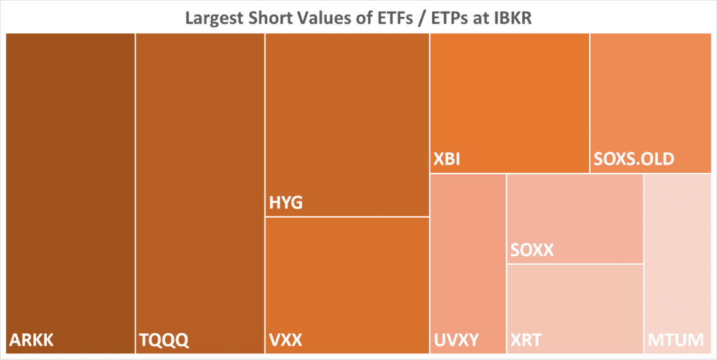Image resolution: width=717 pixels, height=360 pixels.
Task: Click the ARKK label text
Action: coord(31,340)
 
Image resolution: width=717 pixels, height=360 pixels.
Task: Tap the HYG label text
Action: coord(286,203)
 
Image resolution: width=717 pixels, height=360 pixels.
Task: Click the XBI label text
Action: coord(447,159)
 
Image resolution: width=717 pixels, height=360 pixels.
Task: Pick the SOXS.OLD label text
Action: coord(634,159)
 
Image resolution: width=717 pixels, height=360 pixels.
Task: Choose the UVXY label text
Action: coord(456,340)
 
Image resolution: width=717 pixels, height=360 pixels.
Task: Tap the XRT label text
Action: coord(526,340)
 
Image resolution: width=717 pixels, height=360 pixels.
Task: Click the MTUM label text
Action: coord(676,340)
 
